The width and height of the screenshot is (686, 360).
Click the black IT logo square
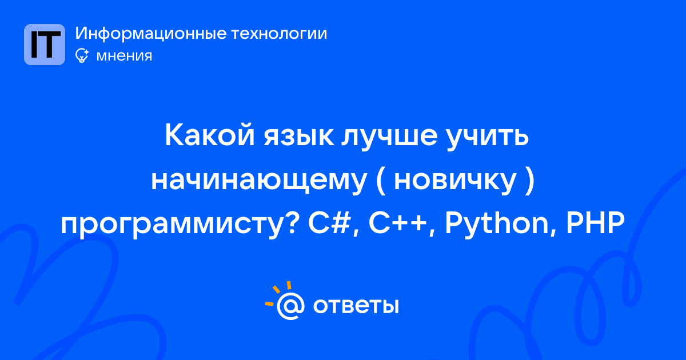click(45, 45)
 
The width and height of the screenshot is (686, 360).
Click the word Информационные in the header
click(151, 33)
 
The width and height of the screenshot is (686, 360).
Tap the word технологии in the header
click(279, 33)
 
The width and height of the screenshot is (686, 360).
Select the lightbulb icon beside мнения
click(82, 56)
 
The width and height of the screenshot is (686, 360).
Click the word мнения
click(124, 56)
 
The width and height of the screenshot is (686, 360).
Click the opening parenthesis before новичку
click(381, 181)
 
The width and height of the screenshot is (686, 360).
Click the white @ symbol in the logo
click(290, 306)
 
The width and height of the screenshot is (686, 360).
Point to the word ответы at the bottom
click(356, 306)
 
